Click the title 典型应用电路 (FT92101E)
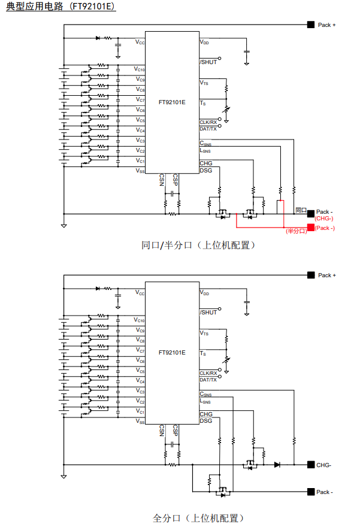(60, 8)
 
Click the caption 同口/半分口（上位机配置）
(198, 245)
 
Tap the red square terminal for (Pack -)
(310, 228)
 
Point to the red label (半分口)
(296, 231)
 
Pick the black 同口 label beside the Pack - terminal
(301, 210)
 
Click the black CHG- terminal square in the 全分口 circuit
(310, 465)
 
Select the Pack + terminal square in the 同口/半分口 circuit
(310, 25)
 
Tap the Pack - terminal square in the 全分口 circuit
(310, 492)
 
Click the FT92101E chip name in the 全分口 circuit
(172, 353)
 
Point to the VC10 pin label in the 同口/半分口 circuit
(139, 69)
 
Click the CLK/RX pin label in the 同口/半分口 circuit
(208, 122)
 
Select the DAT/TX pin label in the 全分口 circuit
(208, 380)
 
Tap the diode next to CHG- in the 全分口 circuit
(277, 465)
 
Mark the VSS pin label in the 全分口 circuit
(140, 422)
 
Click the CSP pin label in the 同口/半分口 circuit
(175, 180)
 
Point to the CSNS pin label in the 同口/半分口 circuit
(205, 143)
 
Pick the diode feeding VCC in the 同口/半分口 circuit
(98, 38)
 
